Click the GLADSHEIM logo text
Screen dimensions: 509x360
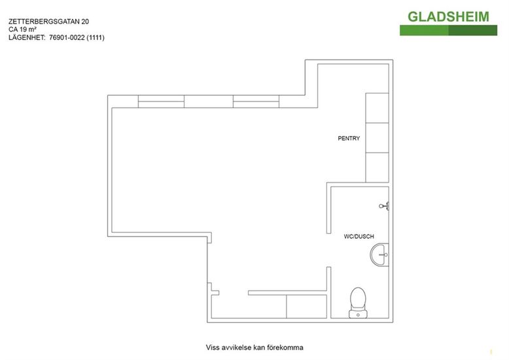[448, 16]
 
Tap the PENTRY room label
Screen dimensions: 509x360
[349, 138]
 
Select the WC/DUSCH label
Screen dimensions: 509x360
[359, 236]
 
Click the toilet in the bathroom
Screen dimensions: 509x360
[358, 302]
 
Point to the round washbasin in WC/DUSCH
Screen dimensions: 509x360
[379, 255]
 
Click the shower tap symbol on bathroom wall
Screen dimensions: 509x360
[384, 206]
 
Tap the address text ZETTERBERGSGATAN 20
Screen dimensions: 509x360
[48, 22]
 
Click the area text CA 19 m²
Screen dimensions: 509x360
[22, 29]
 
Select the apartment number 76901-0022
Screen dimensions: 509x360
[67, 38]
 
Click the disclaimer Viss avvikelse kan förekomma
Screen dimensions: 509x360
[254, 348]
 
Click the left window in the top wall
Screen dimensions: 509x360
[161, 101]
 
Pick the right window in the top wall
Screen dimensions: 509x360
[256, 101]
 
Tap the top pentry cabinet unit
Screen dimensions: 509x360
[377, 108]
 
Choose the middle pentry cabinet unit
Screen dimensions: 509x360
[377, 137]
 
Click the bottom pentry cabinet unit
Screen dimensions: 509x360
[377, 168]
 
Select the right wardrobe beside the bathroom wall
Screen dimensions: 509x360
[306, 307]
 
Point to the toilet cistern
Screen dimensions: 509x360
[358, 314]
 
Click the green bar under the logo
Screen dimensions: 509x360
[448, 30]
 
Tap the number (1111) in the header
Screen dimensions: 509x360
[96, 38]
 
